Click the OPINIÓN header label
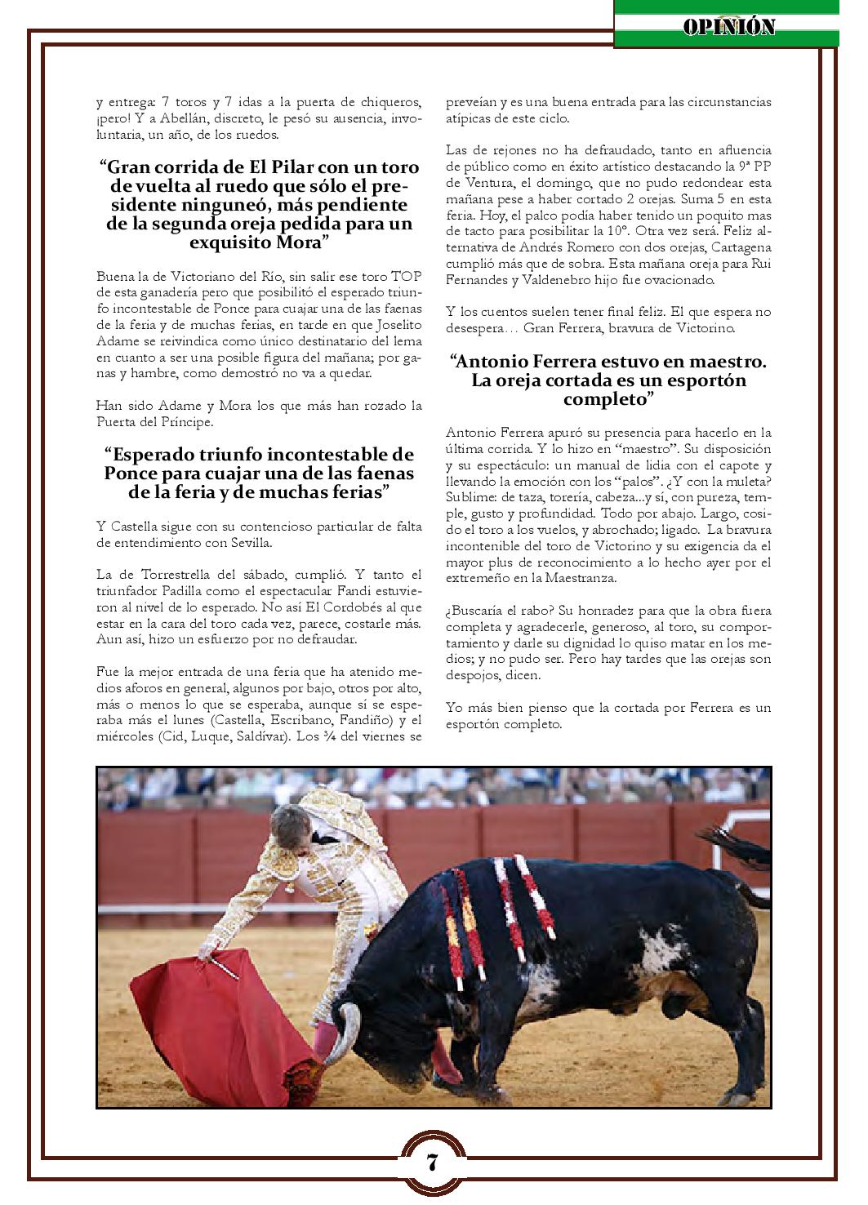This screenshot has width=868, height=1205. pos(729,27)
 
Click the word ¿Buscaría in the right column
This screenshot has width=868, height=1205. pos(476,610)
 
